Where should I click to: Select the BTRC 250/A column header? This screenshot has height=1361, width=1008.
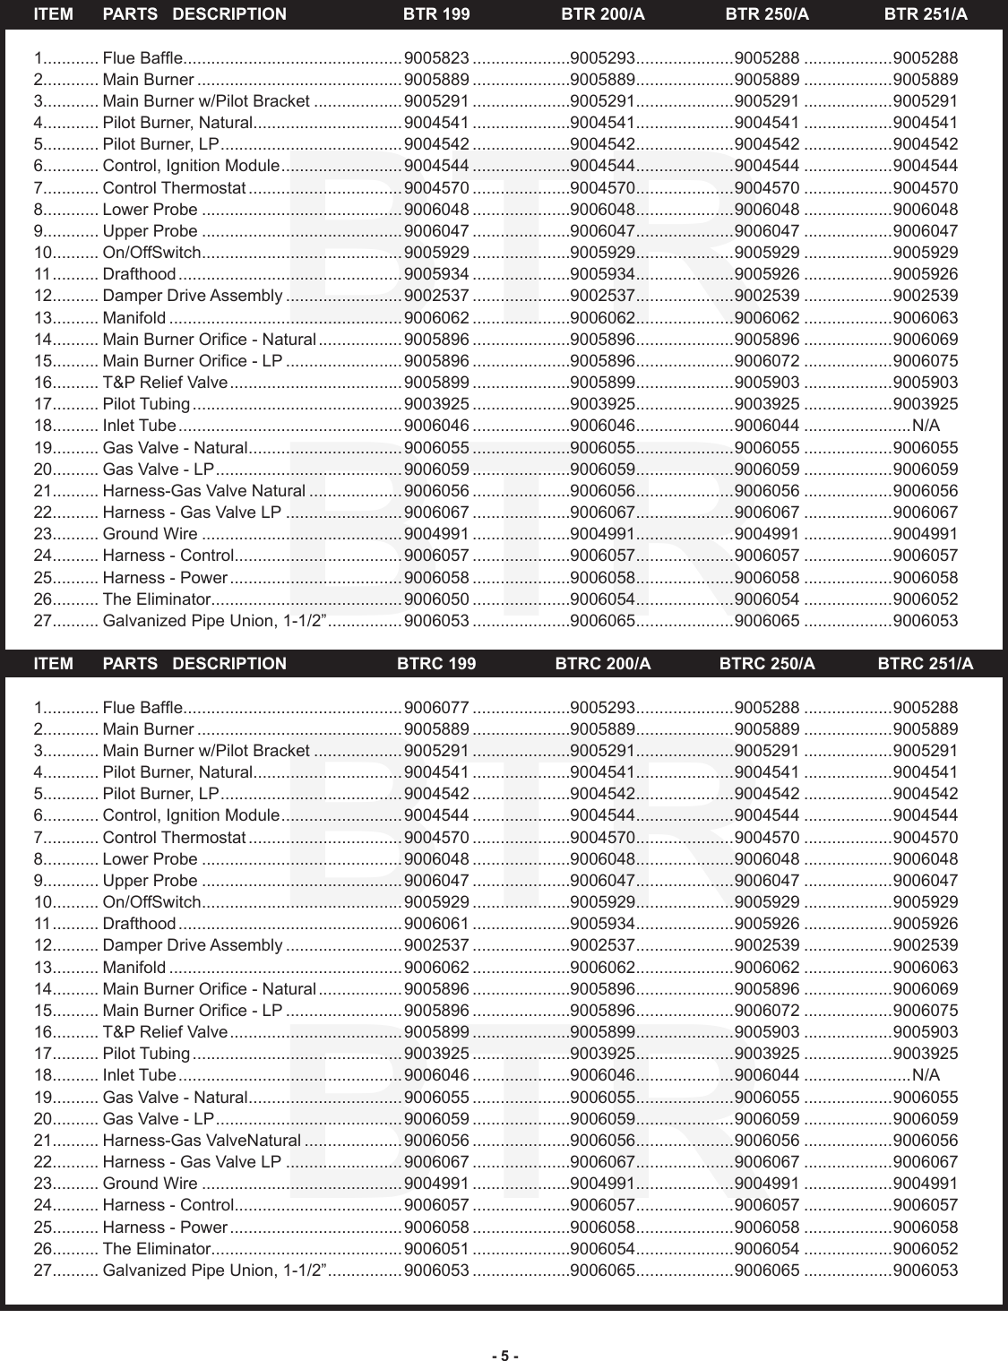click(x=767, y=664)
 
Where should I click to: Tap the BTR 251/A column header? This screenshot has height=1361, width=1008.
click(x=926, y=14)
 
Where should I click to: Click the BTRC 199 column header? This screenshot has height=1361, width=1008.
click(x=436, y=664)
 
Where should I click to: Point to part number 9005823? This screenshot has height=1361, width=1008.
click(x=437, y=58)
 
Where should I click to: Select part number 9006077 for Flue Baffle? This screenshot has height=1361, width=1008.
click(x=437, y=708)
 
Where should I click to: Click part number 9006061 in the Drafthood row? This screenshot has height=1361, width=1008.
click(x=437, y=924)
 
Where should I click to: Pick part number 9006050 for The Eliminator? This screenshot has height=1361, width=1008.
click(x=437, y=599)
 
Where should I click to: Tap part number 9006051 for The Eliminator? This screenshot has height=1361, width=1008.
click(x=437, y=1249)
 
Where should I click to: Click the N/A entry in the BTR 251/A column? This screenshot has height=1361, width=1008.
click(x=926, y=426)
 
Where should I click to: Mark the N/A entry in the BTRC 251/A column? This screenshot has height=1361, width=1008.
click(x=926, y=1075)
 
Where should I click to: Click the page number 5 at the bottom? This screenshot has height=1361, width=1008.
click(x=504, y=1356)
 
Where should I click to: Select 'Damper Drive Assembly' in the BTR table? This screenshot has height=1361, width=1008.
click(x=193, y=296)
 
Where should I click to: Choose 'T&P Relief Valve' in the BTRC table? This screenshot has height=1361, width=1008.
click(x=165, y=1032)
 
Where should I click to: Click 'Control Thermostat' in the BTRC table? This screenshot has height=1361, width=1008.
click(x=174, y=838)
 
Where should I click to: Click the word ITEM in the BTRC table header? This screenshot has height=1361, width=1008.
click(x=53, y=664)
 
